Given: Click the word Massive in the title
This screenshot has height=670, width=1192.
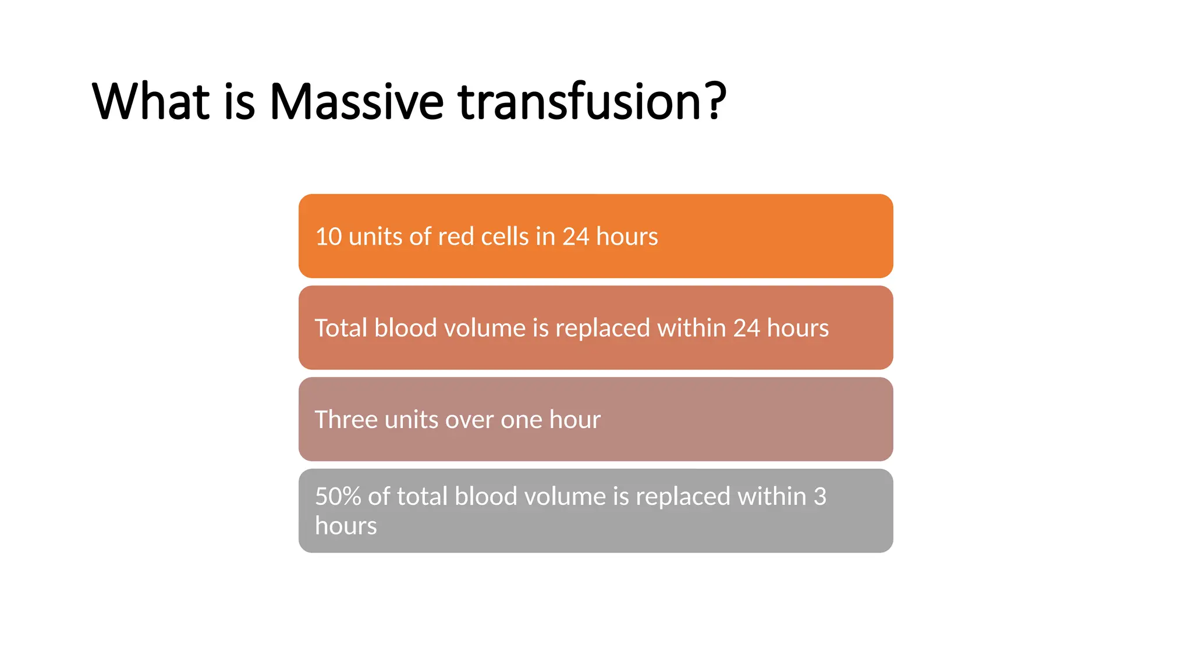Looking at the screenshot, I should (356, 102).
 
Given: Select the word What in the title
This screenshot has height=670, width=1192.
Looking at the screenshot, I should (150, 102).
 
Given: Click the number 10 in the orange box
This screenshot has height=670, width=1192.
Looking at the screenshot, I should (328, 237).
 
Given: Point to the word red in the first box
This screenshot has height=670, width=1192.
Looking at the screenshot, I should (456, 237).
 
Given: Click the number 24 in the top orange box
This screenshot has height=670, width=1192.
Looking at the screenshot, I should (576, 237).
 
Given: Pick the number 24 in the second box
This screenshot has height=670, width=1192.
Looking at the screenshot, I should (746, 328).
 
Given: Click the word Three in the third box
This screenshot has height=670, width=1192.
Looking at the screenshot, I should (346, 420).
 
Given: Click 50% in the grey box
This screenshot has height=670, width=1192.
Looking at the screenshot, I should (338, 497).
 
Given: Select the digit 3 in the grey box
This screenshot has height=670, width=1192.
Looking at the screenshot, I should (819, 497).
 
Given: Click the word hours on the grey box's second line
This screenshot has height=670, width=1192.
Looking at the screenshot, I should (346, 526).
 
